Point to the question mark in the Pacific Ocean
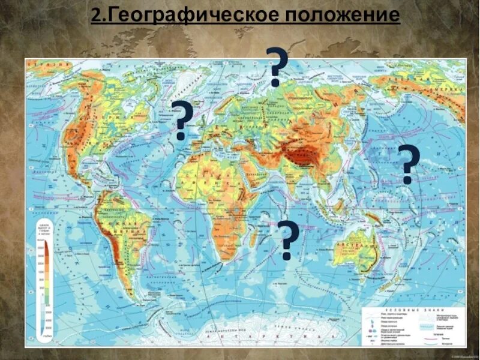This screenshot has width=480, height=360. pos(407,164)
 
